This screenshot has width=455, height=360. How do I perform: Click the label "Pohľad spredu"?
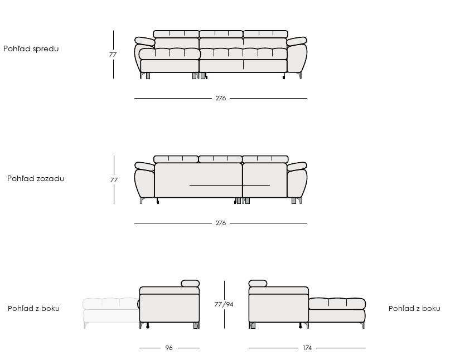31,48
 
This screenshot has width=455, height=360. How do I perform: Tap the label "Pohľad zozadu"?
36,178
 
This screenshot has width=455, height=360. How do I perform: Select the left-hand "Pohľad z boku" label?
33,308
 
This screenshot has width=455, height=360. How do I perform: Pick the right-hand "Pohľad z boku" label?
414,308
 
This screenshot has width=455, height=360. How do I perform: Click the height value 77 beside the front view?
113,55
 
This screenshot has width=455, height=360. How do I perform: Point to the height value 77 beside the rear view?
114,180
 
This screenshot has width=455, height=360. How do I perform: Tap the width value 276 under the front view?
221,98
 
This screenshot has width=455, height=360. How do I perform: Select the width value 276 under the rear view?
221,223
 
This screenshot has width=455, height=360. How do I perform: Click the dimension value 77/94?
224,304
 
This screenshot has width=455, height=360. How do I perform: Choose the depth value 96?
169,348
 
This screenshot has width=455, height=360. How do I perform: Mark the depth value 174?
307,348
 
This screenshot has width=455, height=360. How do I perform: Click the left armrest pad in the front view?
145,41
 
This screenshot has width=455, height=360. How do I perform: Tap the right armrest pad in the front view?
297,41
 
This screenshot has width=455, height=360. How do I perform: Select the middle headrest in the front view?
221,34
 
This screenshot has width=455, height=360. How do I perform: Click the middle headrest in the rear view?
220,159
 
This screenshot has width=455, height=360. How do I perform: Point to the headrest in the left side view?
190,284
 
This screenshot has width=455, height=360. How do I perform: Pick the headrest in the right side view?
258,284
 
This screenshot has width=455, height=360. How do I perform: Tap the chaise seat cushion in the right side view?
337,304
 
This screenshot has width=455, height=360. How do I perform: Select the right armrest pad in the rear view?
297,167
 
